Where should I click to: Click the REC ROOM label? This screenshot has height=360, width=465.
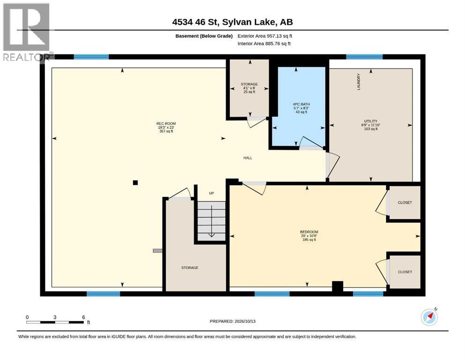click(166, 123)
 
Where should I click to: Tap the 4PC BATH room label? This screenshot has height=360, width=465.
click(301, 104)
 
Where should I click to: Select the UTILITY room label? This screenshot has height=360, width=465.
click(371, 121)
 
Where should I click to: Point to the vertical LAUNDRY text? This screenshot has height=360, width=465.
click(359, 82)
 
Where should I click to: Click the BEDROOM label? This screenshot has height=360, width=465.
click(309, 232)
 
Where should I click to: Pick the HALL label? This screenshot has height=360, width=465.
click(248, 158)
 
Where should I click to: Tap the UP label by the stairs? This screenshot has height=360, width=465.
click(212, 193)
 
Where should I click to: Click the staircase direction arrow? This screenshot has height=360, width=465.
click(212, 221)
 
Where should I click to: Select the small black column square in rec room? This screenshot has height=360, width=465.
click(135, 183)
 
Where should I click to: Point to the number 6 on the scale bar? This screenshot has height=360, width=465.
click(84, 317)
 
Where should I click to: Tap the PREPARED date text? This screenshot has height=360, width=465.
click(232, 321)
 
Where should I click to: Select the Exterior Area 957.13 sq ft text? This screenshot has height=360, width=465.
click(265, 36)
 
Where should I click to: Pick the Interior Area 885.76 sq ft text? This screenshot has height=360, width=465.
click(264, 44)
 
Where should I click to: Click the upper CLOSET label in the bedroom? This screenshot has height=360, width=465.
click(405, 202)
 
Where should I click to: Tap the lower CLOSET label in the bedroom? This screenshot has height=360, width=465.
click(405, 272)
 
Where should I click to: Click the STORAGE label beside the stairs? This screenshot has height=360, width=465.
click(190, 268)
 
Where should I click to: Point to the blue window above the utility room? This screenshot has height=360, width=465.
click(364, 57)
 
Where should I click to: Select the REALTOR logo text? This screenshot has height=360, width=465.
click(26, 57)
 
